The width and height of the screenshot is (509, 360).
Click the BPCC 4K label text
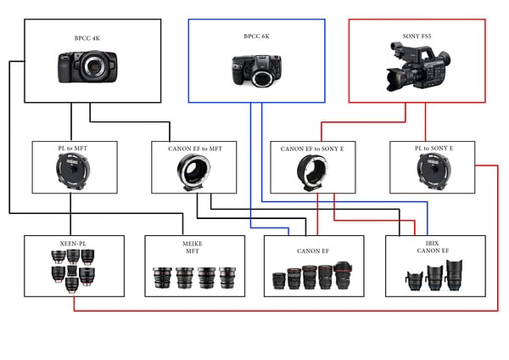pyautogui.click(x=87, y=38)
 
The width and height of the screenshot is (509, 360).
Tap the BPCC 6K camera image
pyautogui.click(x=256, y=70)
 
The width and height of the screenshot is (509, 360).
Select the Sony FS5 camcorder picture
pyautogui.click(x=418, y=66)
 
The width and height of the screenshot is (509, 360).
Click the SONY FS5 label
pyautogui.click(x=417, y=37)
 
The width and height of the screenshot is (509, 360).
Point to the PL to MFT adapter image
pyautogui.click(x=73, y=172)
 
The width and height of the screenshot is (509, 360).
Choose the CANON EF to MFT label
pyautogui.click(x=195, y=149)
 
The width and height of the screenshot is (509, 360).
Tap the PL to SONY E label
pyautogui.click(x=433, y=148)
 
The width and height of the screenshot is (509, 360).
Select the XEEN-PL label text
pyautogui.click(x=73, y=244)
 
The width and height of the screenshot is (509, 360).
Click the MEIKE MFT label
pyautogui.click(x=193, y=247)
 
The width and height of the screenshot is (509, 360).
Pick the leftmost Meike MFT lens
pyautogui.click(x=162, y=278)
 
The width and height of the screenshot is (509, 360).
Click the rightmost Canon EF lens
pyautogui.click(x=343, y=276)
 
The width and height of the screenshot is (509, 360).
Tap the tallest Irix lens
pyautogui.click(x=454, y=275)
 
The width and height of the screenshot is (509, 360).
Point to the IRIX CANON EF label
pyautogui.click(x=433, y=247)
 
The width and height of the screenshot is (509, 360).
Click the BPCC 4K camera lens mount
pyautogui.click(x=94, y=66)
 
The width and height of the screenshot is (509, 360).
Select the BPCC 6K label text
pyautogui.click(x=256, y=37)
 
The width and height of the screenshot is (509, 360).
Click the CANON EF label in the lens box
pyautogui.click(x=313, y=251)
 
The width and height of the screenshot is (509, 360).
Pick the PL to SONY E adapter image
pyautogui.click(x=433, y=172)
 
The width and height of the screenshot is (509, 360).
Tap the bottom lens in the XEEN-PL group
pyautogui.click(x=72, y=285)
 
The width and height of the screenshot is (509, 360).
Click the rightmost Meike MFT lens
pyautogui.click(x=227, y=278)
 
